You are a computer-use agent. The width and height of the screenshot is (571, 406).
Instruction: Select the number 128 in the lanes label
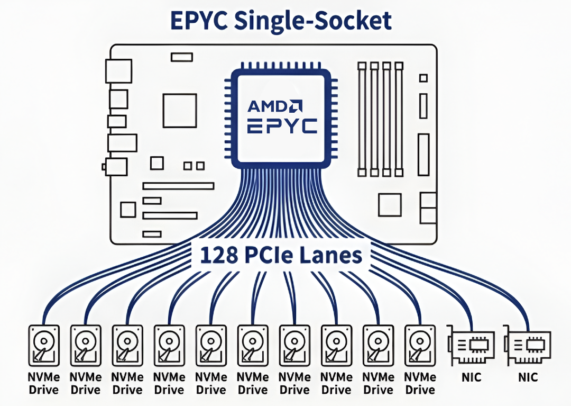[x=218, y=255]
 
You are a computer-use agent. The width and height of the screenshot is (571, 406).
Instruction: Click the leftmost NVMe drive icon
[x=43, y=346]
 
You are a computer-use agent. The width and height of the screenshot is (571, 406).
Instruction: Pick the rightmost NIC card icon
[x=527, y=348]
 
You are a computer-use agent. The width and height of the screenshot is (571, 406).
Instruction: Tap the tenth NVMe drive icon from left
[x=420, y=346]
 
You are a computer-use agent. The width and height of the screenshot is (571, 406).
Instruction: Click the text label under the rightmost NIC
[x=528, y=377]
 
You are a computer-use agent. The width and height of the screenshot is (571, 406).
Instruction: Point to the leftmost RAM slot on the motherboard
[x=362, y=119]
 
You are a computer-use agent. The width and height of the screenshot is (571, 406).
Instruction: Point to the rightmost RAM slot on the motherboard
[x=399, y=119]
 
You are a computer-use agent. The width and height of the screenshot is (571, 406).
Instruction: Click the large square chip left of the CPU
[x=180, y=110]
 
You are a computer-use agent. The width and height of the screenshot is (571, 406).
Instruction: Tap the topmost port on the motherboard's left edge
[x=118, y=71]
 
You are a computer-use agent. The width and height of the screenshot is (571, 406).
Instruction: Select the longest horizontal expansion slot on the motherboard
[x=178, y=186]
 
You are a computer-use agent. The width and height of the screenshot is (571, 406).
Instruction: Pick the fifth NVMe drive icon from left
[x=211, y=346]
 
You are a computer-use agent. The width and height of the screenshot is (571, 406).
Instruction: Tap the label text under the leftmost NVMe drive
[x=43, y=384]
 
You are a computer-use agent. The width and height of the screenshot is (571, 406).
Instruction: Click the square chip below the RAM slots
[x=390, y=204]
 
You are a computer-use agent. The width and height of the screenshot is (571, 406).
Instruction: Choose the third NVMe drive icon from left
[x=127, y=346]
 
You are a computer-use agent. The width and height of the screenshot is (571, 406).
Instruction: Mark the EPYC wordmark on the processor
[x=282, y=125]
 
